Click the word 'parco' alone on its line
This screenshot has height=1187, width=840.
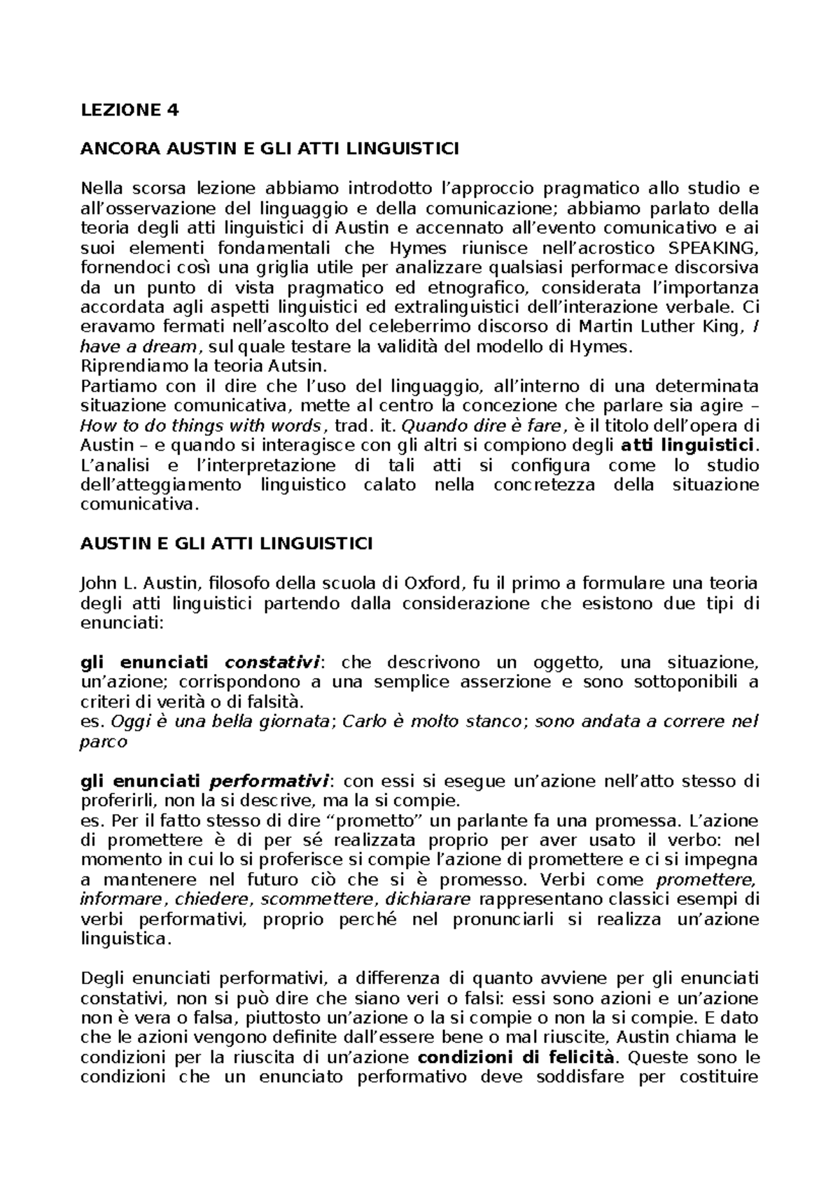tap(104, 742)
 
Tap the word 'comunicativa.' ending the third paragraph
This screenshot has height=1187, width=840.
tap(140, 505)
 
